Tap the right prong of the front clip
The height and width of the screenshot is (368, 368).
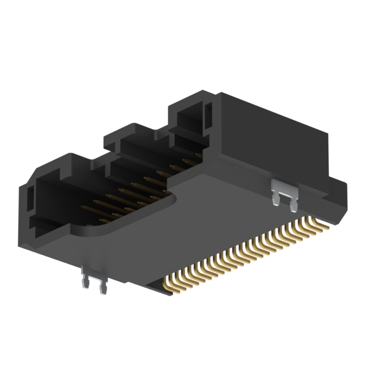[x=102, y=287]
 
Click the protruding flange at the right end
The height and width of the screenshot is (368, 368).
[x=339, y=195]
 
